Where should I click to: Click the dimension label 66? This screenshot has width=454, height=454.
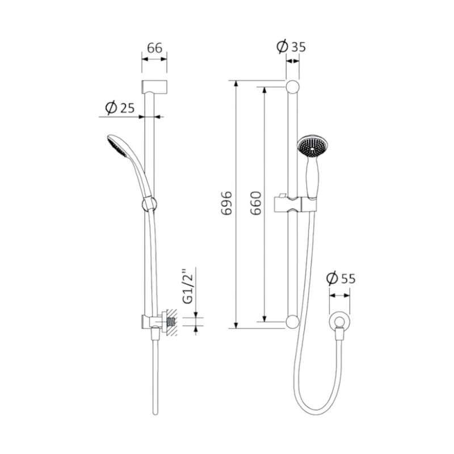pos(154,48)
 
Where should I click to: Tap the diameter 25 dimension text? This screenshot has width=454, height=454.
pos(120,108)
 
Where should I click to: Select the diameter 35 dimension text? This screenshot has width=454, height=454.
pos(291,47)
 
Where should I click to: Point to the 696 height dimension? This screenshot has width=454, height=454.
pos(226,203)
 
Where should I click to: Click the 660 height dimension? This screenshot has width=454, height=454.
pos(256,203)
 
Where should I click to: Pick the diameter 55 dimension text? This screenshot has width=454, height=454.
pos(341,279)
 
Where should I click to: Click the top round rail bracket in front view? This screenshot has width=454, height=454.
pos(292,87)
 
